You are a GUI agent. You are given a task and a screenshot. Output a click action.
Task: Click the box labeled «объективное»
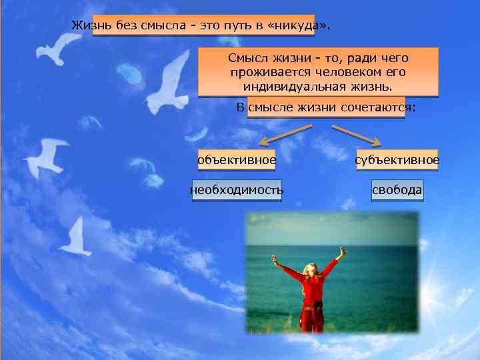pos(237,160)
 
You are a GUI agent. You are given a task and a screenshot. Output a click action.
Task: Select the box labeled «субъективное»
pos(397,160)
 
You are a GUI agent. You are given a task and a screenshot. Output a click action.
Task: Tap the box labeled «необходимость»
pos(237,191)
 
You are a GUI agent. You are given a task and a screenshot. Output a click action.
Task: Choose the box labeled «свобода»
pos(397,191)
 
